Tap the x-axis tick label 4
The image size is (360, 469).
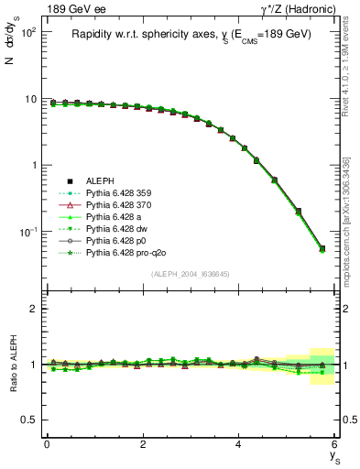coord(239,443)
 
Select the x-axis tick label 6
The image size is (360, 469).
coord(335,443)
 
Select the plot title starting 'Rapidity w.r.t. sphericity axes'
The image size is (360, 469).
coord(192,34)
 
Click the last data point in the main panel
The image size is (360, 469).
coord(322,248)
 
